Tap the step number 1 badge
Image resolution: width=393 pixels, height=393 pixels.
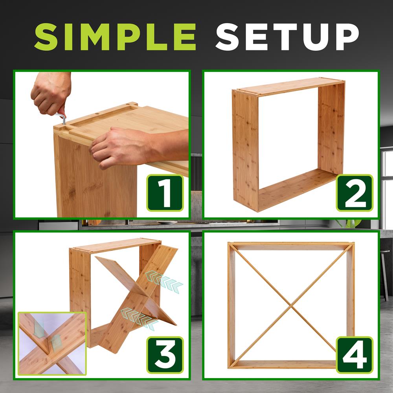[165, 193]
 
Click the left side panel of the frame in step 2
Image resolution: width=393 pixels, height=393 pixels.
[244, 149]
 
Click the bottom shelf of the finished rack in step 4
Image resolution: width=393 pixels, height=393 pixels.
[291, 364]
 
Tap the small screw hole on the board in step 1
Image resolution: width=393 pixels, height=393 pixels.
[97, 117]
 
